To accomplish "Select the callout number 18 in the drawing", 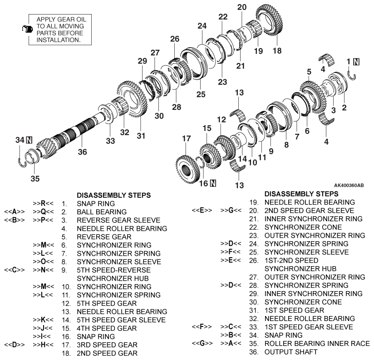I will point(276,51).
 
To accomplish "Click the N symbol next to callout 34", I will point(30,140).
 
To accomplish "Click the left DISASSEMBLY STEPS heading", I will point(114,195).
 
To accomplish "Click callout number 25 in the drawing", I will point(201,94).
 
